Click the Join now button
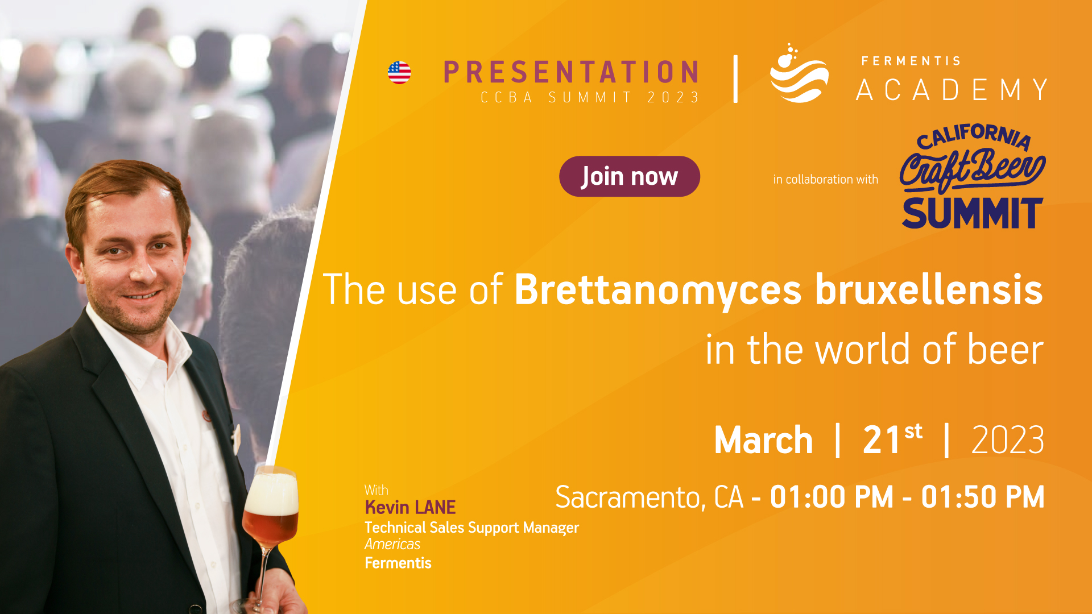[629, 176]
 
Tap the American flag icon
[399, 73]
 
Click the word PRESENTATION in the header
[571, 72]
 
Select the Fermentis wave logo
[799, 73]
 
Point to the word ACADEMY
[952, 90]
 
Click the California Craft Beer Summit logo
[972, 176]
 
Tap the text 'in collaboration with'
[825, 180]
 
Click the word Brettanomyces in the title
[658, 290]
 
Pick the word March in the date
[763, 440]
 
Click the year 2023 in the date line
[1008, 440]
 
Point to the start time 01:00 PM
[832, 497]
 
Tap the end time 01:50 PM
[983, 497]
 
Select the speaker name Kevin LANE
[410, 507]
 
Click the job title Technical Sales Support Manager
[471, 528]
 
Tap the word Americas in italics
[392, 544]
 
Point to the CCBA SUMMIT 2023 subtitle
[590, 98]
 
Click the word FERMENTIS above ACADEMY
[911, 61]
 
